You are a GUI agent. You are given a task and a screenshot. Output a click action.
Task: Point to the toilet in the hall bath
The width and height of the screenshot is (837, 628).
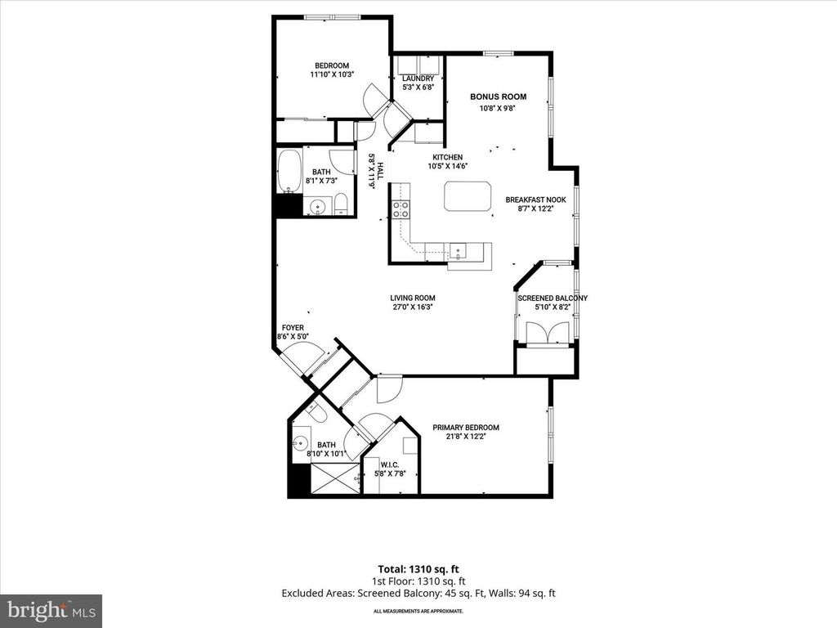pos(342,205)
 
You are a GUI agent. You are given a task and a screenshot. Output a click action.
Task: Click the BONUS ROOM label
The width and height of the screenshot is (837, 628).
pos(498,96)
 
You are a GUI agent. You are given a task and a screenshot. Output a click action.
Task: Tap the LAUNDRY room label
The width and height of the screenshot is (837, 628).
pos(418,78)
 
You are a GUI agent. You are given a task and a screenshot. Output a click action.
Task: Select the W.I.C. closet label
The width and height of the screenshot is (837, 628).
pos(390,464)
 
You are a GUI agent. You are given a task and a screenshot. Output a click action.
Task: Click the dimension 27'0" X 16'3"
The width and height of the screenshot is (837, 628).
pos(412,308)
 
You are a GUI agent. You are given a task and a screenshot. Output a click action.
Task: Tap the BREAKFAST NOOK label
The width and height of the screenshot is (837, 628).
pos(535,200)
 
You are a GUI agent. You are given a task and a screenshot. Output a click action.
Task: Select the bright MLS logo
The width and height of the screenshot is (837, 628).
pos(51,610)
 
